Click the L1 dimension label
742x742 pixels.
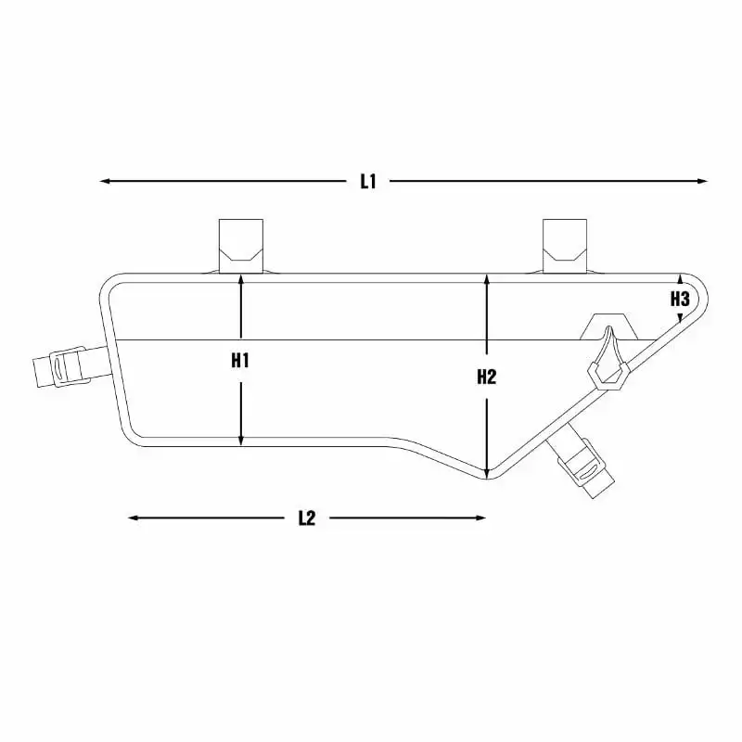tap(367, 181)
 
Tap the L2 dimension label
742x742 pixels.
tap(307, 518)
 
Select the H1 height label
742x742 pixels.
tap(240, 361)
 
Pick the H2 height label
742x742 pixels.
tap(486, 377)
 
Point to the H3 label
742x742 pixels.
tap(680, 299)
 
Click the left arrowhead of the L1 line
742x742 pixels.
tap(105, 181)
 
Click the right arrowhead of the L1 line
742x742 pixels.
tap(702, 181)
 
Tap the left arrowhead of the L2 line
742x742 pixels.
tap(134, 518)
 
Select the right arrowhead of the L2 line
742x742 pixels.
tap(480, 518)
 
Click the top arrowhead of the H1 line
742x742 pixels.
tap(241, 279)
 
